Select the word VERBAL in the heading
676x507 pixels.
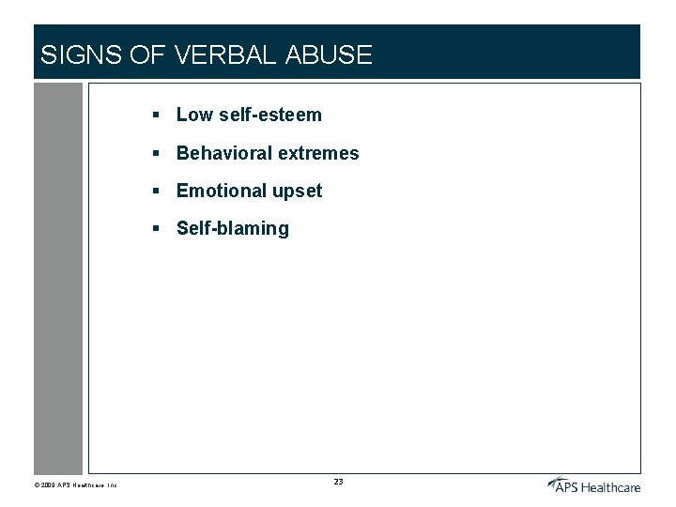click(x=223, y=55)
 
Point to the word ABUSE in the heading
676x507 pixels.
click(x=328, y=55)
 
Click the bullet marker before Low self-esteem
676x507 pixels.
click(x=159, y=115)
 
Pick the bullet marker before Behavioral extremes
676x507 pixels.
click(x=159, y=152)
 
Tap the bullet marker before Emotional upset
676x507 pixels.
click(x=159, y=190)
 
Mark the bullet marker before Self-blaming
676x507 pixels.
click(x=159, y=227)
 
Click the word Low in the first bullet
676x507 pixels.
click(x=194, y=115)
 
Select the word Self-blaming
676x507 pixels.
click(x=233, y=228)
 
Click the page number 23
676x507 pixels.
click(x=338, y=482)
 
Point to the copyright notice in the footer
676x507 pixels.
click(x=75, y=485)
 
